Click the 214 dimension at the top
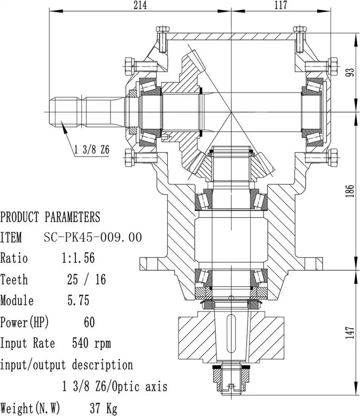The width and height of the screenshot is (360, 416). coord(140,5)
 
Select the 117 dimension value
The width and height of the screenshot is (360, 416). coord(281,5)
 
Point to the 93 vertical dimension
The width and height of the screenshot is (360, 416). coord(351,72)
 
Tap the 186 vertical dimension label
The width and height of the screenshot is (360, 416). coord(351,191)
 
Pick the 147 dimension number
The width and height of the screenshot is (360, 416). coord(351,332)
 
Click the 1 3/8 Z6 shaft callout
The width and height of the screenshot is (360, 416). coord(92,149)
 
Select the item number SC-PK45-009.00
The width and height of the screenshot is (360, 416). coord(93,237)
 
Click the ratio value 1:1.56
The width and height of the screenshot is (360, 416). coord(78,258)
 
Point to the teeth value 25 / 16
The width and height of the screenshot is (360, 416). coord(87,279)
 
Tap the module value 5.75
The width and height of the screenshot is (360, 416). coord(78,301)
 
